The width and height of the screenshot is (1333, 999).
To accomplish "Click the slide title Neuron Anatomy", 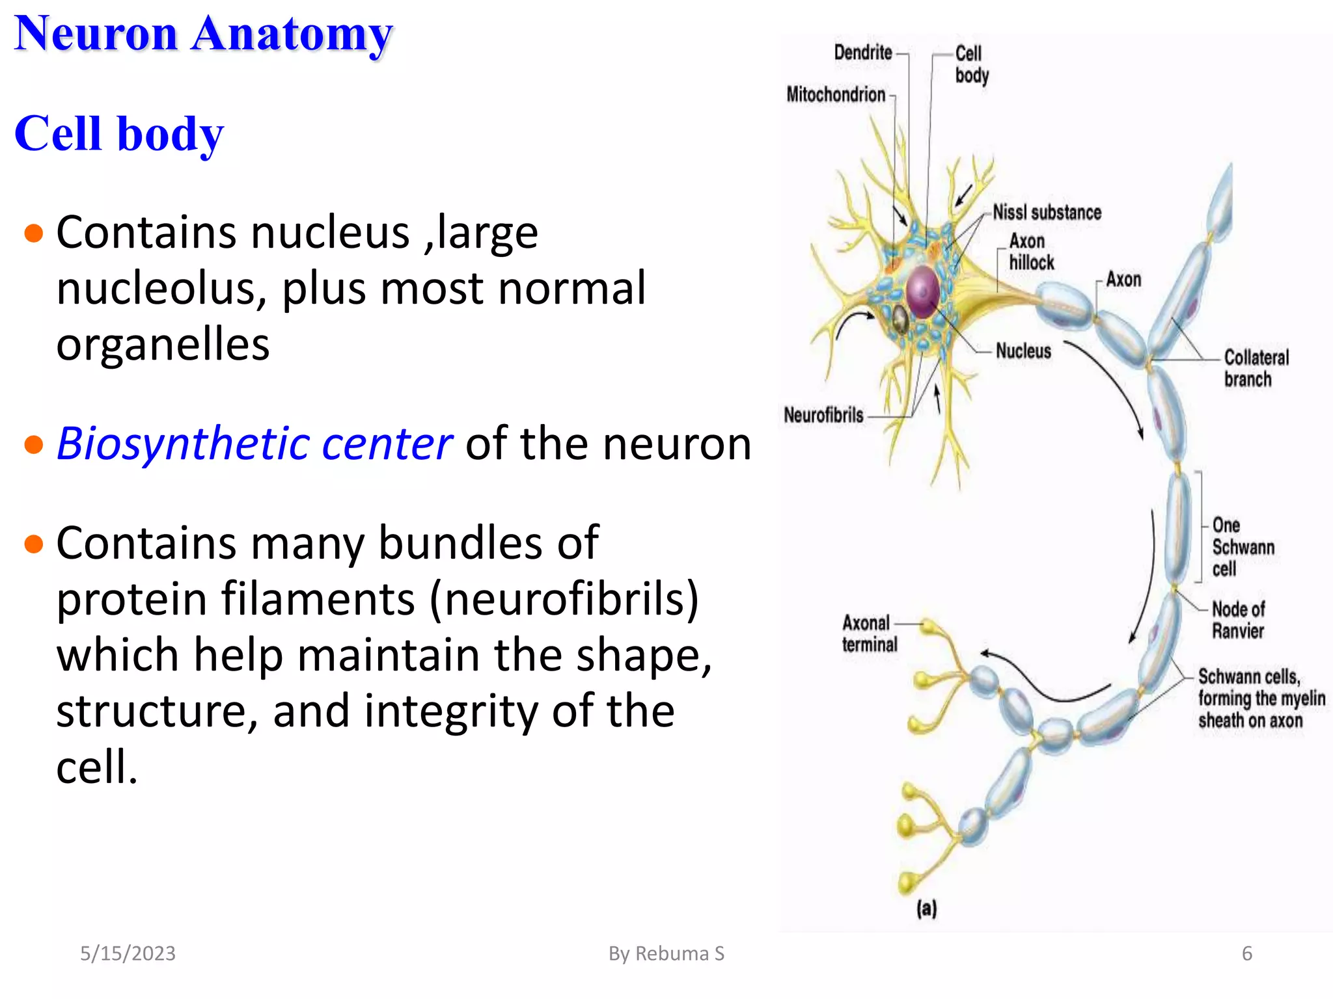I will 203,34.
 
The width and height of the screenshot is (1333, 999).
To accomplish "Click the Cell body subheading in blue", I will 119,133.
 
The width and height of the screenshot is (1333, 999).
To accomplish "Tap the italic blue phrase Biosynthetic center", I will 254,444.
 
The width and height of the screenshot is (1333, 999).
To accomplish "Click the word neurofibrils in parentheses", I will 564,598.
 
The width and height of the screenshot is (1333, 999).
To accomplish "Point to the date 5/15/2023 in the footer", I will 128,953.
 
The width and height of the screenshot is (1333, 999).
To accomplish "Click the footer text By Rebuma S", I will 666,953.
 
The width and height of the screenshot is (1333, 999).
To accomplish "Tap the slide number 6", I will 1246,953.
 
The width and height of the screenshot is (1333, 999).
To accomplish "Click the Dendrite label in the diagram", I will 862,53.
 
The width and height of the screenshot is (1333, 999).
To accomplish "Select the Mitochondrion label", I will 836,95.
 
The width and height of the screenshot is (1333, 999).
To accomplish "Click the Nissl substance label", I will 1047,213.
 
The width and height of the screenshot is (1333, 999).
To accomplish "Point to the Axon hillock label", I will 1031,252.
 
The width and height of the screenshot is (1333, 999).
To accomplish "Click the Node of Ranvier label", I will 1237,620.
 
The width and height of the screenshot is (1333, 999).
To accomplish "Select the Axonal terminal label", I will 869,633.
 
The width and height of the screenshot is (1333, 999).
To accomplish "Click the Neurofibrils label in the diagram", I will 823,415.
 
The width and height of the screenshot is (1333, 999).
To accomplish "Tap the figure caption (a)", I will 926,909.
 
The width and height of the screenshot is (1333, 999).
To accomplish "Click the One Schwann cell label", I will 1242,547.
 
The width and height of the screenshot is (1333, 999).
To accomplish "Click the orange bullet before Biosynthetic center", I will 33,445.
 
